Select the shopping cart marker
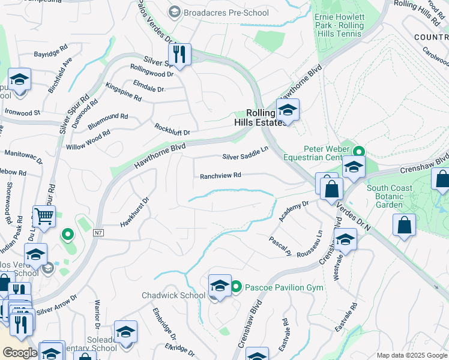(44, 216)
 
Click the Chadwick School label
(173, 295)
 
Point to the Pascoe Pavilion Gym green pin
(237, 287)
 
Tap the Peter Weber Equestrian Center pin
(359, 151)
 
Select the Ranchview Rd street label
(220, 176)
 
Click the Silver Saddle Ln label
(245, 155)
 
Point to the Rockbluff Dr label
(172, 130)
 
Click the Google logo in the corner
(20, 353)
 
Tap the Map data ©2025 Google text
(411, 355)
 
